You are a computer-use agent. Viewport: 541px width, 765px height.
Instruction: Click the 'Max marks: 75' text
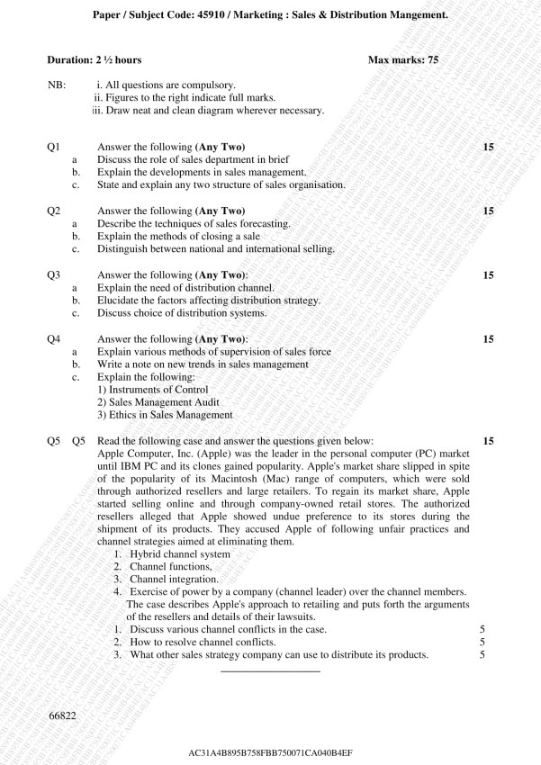pos(403,59)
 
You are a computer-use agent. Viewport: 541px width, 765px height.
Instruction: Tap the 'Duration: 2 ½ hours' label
pos(95,59)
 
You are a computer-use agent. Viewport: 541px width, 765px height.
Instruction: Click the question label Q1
pos(53,147)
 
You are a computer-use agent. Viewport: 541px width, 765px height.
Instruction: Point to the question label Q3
pos(53,274)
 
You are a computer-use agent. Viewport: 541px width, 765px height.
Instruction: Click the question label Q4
pos(53,339)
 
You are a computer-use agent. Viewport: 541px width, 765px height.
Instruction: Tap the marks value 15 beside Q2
pos(489,211)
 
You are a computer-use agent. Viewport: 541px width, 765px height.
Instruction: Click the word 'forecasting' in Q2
pos(261,223)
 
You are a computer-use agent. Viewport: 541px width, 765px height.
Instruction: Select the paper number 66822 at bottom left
pos(62,715)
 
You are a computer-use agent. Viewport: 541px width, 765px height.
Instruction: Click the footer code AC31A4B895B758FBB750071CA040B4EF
pos(270,751)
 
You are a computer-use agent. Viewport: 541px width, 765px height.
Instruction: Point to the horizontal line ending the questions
pos(270,670)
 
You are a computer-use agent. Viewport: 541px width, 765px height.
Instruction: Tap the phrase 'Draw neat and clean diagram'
pos(171,110)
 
